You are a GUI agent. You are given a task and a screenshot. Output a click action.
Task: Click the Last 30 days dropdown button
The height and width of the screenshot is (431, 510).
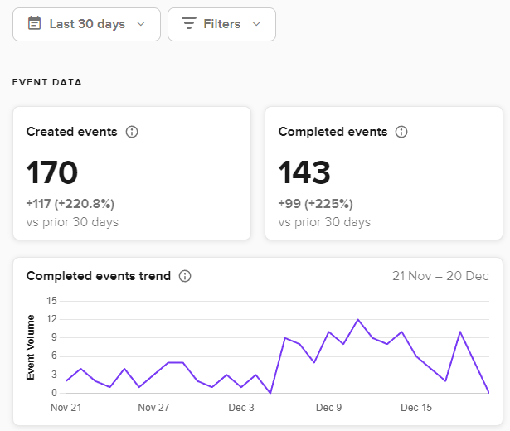(86, 24)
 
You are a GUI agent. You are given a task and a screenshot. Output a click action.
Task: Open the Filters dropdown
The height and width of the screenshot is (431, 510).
(221, 24)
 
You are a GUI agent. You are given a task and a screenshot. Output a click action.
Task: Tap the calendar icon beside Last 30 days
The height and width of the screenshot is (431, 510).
(34, 24)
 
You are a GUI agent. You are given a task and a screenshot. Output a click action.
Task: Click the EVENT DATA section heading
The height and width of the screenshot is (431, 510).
(46, 82)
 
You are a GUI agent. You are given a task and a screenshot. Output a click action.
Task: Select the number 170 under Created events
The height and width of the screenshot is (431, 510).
(52, 172)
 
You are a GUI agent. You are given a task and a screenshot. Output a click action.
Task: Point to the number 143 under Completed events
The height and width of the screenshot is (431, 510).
(304, 172)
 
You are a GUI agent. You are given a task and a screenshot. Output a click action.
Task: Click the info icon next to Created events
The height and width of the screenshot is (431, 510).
(132, 132)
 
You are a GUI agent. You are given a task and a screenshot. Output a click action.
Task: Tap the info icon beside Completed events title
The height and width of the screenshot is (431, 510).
(401, 132)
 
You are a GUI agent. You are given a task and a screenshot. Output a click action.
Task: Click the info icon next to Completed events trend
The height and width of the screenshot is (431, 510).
(185, 276)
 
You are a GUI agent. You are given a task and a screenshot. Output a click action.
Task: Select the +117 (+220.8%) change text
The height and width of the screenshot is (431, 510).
(70, 204)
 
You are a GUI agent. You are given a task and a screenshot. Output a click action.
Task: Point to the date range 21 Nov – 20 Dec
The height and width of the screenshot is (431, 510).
(440, 276)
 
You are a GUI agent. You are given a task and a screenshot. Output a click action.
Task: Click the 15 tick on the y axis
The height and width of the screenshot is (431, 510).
(51, 301)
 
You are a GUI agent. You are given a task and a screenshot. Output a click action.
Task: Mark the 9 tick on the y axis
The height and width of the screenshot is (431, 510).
(53, 337)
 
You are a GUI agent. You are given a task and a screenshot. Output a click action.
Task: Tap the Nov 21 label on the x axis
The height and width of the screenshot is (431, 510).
(67, 408)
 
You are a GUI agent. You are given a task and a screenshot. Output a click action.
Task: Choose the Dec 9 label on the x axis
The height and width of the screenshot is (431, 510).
(329, 408)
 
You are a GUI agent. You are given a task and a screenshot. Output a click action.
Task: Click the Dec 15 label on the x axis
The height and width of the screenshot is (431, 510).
(416, 408)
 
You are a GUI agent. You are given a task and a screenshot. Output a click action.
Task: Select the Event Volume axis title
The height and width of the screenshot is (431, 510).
(31, 346)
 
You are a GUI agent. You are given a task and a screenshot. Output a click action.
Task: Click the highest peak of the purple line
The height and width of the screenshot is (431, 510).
(358, 319)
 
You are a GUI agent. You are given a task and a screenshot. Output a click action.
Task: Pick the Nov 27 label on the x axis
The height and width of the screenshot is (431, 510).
(153, 408)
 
